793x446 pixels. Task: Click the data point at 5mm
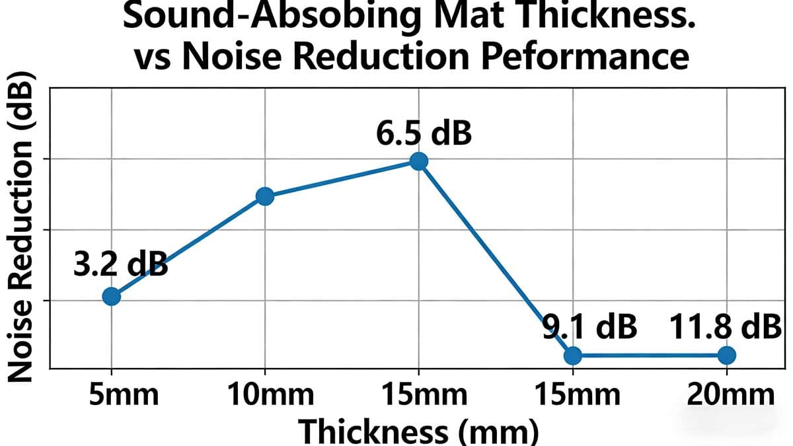tap(112, 296)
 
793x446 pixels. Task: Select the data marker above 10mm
tap(264, 196)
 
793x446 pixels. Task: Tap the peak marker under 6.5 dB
tap(418, 161)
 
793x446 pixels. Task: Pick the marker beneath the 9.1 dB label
tap(572, 355)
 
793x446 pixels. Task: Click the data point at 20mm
tap(726, 355)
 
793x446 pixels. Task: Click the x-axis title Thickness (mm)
tap(419, 431)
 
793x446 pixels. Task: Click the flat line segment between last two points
tap(649, 355)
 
